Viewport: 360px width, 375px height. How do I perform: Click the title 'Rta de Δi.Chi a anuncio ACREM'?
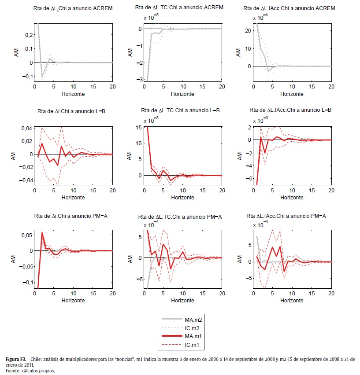coord(72,8)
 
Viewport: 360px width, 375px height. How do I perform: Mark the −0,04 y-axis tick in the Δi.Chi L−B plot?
coord(25,180)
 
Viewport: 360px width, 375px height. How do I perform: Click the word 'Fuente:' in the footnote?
coord(14,371)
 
